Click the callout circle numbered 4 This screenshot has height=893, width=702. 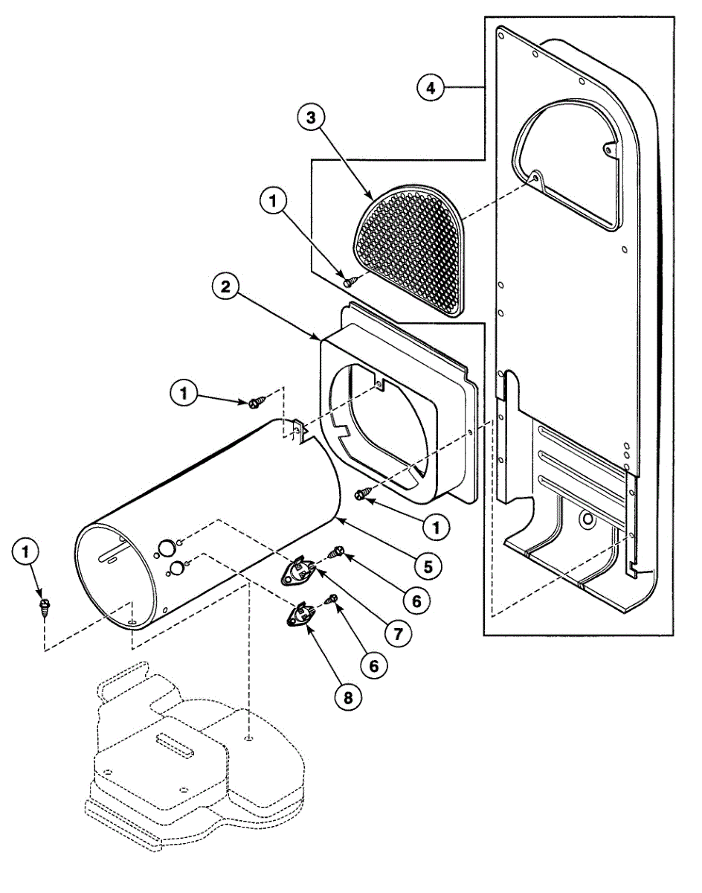point(431,88)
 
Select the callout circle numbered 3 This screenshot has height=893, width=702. point(312,118)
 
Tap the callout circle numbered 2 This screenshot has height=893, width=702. point(225,287)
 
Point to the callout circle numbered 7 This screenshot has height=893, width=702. point(398,633)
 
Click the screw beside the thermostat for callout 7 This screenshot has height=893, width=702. point(336,552)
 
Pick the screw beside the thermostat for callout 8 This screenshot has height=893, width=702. point(332,598)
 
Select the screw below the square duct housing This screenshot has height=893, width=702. point(360,495)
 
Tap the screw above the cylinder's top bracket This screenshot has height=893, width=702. point(254,403)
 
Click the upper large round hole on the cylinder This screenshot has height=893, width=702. point(167,548)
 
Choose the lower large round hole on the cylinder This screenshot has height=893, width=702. point(178,568)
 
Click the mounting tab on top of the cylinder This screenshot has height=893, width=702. point(300,432)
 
